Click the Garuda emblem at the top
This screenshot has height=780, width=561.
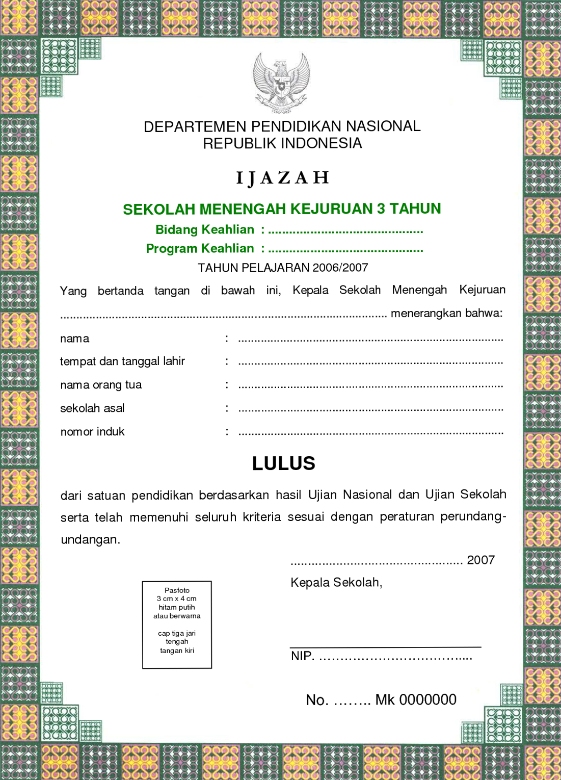point(282,83)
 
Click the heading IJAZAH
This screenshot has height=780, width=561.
point(283,178)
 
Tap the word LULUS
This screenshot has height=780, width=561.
point(284,463)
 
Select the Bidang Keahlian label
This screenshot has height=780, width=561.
point(205,230)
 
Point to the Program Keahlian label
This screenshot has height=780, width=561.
point(200,249)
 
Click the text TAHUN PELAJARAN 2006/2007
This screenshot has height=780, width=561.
point(283,268)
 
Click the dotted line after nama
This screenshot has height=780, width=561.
point(370,340)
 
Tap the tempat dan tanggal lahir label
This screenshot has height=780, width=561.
point(122,361)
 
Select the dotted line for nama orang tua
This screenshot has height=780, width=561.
point(370,386)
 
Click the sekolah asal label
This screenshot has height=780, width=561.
point(92,408)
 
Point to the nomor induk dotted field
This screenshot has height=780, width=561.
point(370,433)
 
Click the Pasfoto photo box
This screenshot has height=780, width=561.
point(177,625)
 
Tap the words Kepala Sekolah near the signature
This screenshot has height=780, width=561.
point(336,583)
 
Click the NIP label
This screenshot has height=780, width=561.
point(302,656)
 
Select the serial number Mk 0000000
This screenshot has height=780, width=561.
point(416,700)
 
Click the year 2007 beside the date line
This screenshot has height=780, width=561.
point(480,560)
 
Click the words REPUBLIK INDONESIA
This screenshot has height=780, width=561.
point(282,144)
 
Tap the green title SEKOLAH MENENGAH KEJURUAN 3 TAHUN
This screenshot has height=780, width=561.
point(282,209)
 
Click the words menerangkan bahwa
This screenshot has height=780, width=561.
point(446,313)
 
